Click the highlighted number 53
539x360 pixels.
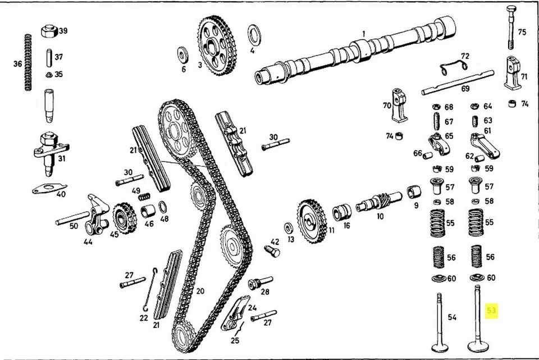[492, 310]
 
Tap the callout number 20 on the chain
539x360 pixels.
[200, 290]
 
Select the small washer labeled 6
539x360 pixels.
[183, 55]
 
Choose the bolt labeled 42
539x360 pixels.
[273, 250]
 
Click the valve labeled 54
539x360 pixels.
[439, 323]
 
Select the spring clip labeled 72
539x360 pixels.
[454, 66]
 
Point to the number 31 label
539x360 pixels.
[62, 158]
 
